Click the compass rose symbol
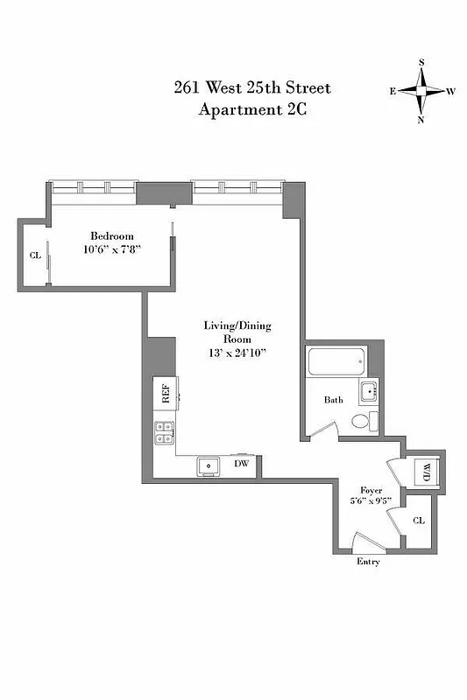click(421, 91)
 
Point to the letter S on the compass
click(421, 63)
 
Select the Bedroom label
click(112, 236)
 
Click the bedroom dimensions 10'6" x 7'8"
click(112, 249)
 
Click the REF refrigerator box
click(165, 393)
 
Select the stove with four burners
click(165, 430)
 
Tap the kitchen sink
click(209, 465)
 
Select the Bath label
click(333, 401)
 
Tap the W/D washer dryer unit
click(427, 472)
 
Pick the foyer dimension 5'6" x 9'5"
click(371, 502)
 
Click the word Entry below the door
click(368, 562)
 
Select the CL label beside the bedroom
click(35, 255)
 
